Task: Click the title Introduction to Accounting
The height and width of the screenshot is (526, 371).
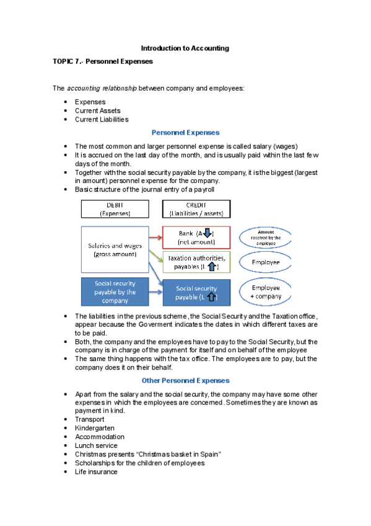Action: (x=185, y=48)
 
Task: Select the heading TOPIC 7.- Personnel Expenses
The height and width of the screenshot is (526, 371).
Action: (x=102, y=62)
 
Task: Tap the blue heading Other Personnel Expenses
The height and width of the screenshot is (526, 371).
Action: (x=185, y=380)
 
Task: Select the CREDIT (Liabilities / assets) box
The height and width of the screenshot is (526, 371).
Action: (x=196, y=208)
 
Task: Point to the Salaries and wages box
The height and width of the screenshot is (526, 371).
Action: (x=115, y=249)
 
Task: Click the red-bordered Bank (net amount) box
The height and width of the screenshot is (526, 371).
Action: (x=196, y=238)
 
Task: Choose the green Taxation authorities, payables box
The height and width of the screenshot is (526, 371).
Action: (x=196, y=262)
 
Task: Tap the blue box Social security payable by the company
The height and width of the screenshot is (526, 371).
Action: (x=115, y=292)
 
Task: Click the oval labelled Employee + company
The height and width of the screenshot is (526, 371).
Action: (x=266, y=292)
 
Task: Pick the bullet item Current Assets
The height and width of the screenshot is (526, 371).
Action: (x=97, y=110)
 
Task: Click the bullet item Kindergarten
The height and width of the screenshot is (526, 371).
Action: (x=94, y=428)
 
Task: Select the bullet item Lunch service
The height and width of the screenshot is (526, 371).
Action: (x=96, y=445)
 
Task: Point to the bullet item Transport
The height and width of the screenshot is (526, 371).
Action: (x=90, y=419)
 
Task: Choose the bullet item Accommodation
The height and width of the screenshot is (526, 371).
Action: (x=99, y=437)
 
